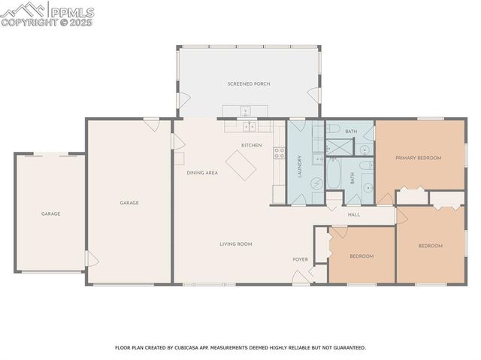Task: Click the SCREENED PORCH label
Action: pos(248,83)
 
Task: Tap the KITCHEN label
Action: pos(251,145)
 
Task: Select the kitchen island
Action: pos(241,165)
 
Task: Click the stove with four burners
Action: pos(279,153)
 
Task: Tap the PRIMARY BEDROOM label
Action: pos(418,158)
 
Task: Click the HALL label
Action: pos(353,215)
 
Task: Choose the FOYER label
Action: pos(300,259)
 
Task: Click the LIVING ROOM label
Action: pos(235,244)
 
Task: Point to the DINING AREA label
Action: pos(202,173)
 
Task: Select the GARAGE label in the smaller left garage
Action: pos(50,214)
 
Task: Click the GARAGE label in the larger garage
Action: pos(129,203)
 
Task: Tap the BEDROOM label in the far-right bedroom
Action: pos(430,246)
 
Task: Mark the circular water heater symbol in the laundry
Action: pos(316,183)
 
